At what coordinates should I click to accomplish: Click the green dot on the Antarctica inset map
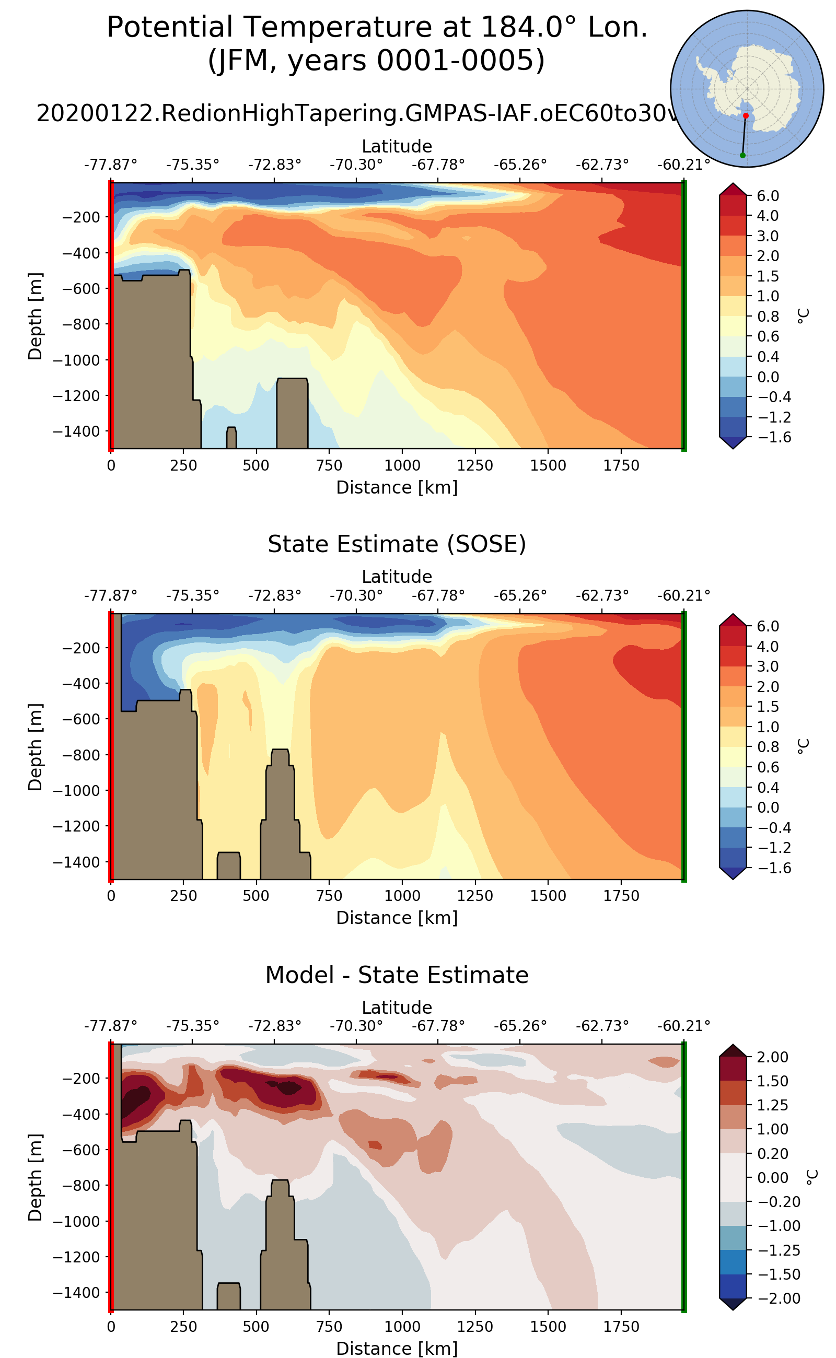pos(742,155)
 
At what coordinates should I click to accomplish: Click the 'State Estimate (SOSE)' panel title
pos(397,544)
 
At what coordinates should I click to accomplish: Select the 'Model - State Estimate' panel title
pos(397,975)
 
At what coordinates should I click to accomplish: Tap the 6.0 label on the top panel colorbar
pos(768,196)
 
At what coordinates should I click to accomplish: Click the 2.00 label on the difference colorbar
pos(773,1057)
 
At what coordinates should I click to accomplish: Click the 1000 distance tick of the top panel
pos(402,465)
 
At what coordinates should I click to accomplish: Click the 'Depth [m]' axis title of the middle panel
pos(36,747)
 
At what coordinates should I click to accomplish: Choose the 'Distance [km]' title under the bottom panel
pos(397,1348)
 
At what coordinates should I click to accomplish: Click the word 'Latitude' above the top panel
pos(397,146)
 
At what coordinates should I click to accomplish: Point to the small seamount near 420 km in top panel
pos(231,437)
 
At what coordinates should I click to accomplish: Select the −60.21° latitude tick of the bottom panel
pos(683,1026)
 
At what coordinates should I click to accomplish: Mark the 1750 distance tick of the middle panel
pos(621,896)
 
